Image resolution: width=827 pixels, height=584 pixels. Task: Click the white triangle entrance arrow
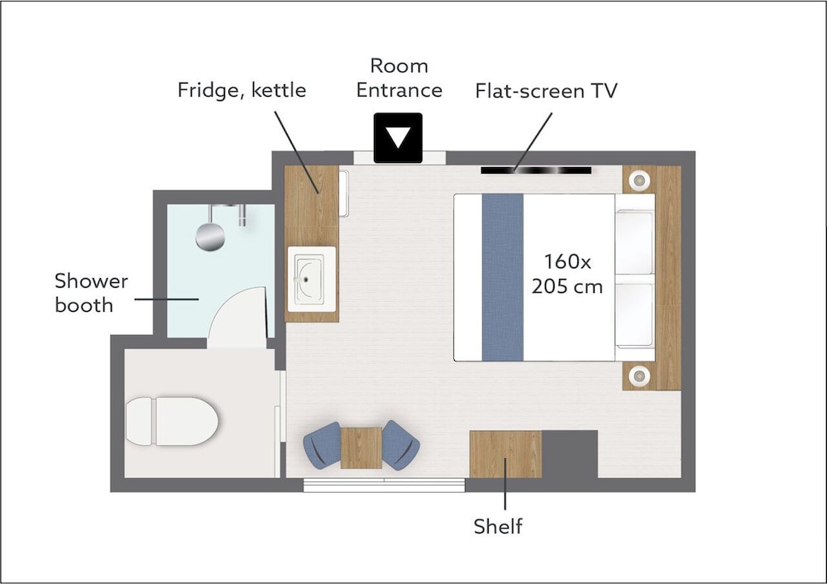[x=399, y=137]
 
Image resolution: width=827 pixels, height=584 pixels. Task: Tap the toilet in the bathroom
[x=172, y=421]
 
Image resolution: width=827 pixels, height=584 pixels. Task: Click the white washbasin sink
[x=311, y=279]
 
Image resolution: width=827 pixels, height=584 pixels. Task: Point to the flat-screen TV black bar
[x=536, y=170]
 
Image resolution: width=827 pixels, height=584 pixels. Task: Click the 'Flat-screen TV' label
[x=546, y=91]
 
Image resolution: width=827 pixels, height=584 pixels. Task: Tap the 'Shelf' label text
[x=498, y=526]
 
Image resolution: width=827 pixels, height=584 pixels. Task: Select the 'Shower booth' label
[x=91, y=293]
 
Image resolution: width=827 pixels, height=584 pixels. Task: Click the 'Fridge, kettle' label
[x=241, y=89]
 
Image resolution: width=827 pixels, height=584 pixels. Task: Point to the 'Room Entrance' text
[x=399, y=78]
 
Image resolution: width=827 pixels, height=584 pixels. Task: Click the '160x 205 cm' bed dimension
[x=567, y=274]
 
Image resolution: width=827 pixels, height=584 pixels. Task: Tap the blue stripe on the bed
[x=503, y=277]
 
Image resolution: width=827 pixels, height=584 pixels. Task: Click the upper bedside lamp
[x=638, y=180]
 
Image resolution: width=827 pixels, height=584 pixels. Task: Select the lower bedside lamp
[x=638, y=375]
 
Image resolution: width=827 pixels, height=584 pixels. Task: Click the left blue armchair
[x=323, y=445]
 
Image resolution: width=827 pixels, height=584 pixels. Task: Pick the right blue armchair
[x=401, y=445]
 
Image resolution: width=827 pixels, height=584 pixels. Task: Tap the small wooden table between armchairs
[x=361, y=448]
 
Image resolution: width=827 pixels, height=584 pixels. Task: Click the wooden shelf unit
[x=505, y=454]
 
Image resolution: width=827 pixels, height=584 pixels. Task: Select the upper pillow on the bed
[x=634, y=242]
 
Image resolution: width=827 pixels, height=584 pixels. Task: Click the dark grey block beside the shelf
[x=570, y=454]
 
